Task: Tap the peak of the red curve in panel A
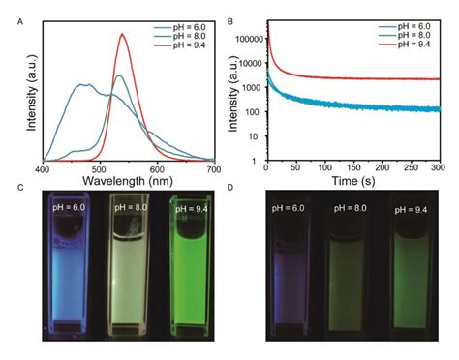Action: (123, 34)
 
